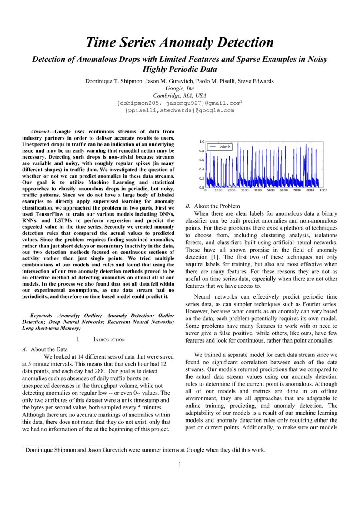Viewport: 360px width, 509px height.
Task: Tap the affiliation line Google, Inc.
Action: pyautogui.click(x=180, y=88)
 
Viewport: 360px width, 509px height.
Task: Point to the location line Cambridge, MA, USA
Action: pyautogui.click(x=180, y=96)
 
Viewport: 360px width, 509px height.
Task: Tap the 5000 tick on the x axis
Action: pyautogui.click(x=271, y=190)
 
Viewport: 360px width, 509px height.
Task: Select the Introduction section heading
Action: pyautogui.click(x=109, y=339)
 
